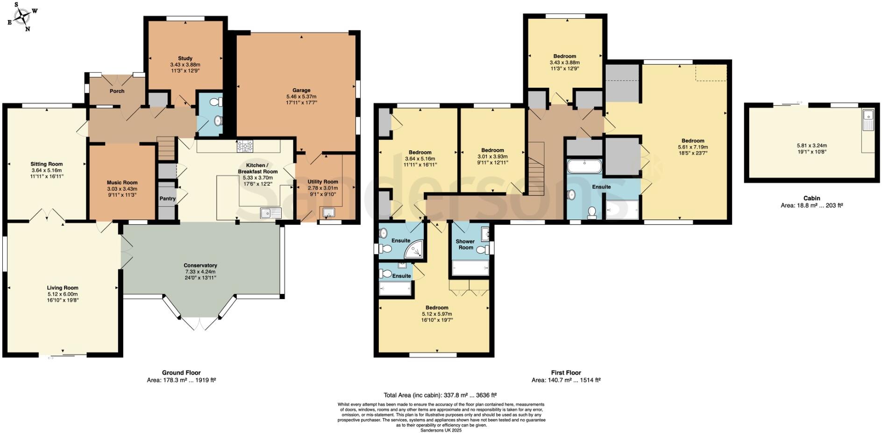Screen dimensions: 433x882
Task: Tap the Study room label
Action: [x=185, y=58]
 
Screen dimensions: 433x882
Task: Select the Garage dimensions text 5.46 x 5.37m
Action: [x=301, y=97]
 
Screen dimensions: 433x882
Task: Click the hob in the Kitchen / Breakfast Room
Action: [x=245, y=147]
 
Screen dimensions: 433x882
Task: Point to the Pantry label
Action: [x=167, y=199]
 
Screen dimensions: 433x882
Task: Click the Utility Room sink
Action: [x=329, y=213]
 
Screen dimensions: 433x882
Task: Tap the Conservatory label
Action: [x=200, y=265]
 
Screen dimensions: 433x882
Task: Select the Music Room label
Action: [x=122, y=182]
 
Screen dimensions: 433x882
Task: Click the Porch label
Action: [x=117, y=91]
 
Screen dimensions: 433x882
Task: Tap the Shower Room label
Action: [x=465, y=244]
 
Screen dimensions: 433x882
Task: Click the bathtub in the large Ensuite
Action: [x=584, y=166]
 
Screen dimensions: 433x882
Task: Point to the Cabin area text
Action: [x=811, y=205]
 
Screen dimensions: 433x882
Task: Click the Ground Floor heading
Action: [x=181, y=372]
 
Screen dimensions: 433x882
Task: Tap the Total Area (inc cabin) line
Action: [x=440, y=395]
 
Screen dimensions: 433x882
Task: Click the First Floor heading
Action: [x=566, y=372]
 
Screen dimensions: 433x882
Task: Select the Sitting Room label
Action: [x=46, y=164]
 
